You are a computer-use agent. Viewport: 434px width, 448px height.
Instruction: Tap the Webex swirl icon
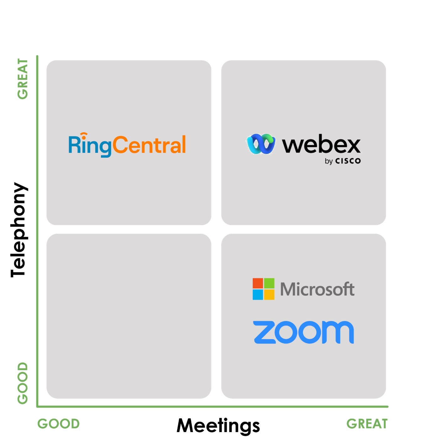click(261, 144)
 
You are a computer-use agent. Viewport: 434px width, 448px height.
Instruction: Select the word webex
click(321, 144)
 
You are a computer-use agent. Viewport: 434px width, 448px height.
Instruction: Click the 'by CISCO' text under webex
click(343, 161)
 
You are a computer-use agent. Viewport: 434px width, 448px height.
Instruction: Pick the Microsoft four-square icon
click(263, 289)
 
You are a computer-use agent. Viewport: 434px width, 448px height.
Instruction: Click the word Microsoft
click(317, 289)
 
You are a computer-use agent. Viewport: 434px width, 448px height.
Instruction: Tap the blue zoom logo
click(303, 332)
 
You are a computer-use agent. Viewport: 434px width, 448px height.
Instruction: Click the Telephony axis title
click(19, 230)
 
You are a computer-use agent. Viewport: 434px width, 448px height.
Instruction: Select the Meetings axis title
click(218, 426)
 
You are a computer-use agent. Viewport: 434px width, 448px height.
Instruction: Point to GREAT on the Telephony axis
click(23, 79)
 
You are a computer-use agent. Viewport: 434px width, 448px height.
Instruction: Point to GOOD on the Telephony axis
click(23, 383)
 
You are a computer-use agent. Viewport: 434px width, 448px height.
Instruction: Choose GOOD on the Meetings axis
click(59, 424)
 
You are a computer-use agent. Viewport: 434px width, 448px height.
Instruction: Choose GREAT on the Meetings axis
click(367, 424)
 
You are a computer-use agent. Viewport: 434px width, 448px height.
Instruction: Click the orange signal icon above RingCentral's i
click(84, 135)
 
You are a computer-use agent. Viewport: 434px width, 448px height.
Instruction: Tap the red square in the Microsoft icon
click(258, 283)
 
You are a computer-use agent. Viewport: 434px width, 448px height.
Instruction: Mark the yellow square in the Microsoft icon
click(269, 295)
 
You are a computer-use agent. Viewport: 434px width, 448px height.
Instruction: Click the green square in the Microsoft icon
click(269, 283)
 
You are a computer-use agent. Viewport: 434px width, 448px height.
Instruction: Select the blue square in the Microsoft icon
click(258, 295)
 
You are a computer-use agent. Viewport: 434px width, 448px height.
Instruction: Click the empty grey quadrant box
click(129, 316)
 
